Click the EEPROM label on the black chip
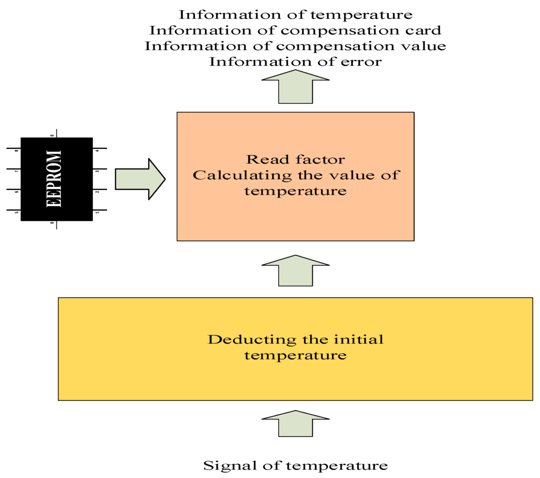click(54, 178)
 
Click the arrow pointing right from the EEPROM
click(140, 179)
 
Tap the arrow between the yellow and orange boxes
click(295, 270)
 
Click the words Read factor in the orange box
click(295, 159)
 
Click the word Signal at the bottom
click(225, 466)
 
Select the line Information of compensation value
click(295, 46)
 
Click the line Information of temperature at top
click(295, 14)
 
